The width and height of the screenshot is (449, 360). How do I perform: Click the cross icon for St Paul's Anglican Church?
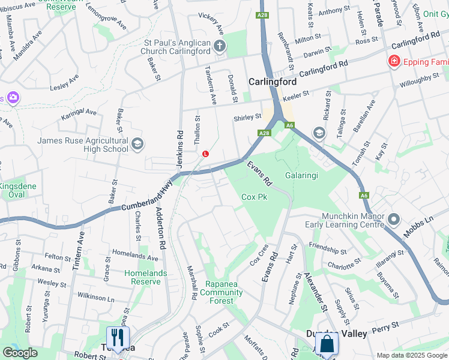click(220, 46)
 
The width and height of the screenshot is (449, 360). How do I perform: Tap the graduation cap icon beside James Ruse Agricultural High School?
click(137, 143)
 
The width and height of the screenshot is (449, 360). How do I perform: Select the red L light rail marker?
click(206, 154)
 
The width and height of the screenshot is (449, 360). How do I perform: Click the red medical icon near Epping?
click(394, 61)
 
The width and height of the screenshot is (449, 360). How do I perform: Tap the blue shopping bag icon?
click(327, 344)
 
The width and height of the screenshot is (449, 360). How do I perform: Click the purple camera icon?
click(13, 97)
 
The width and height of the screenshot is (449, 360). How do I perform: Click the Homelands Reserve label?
click(145, 277)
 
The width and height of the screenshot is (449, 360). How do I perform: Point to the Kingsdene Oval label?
click(18, 190)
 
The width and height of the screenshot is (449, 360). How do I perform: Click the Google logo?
click(20, 352)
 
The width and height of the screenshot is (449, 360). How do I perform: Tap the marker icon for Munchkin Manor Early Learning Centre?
click(393, 220)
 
